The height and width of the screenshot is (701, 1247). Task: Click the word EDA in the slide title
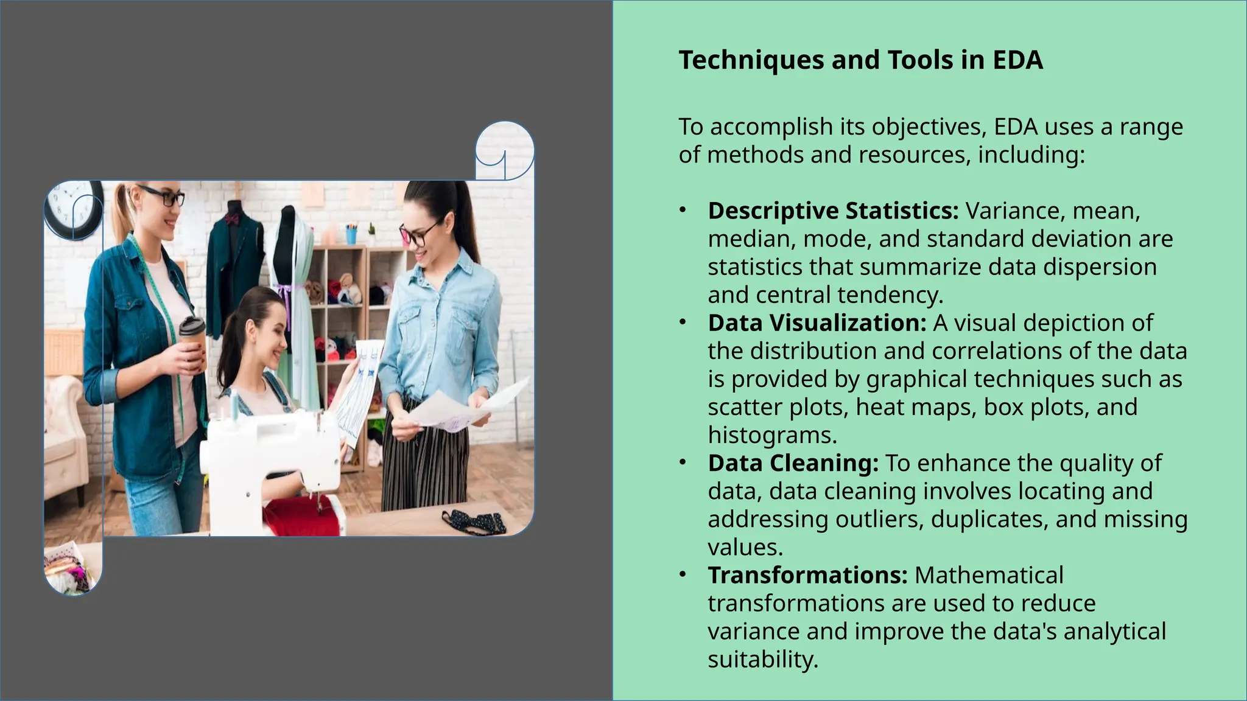1017,60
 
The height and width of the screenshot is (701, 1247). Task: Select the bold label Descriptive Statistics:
833,211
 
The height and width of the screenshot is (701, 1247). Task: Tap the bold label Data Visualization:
817,323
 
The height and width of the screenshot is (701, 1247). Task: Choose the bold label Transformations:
807,575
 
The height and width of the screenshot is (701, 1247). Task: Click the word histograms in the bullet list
771,435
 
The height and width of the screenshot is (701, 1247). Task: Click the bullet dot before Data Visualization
683,323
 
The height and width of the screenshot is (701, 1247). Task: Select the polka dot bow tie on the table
475,521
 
